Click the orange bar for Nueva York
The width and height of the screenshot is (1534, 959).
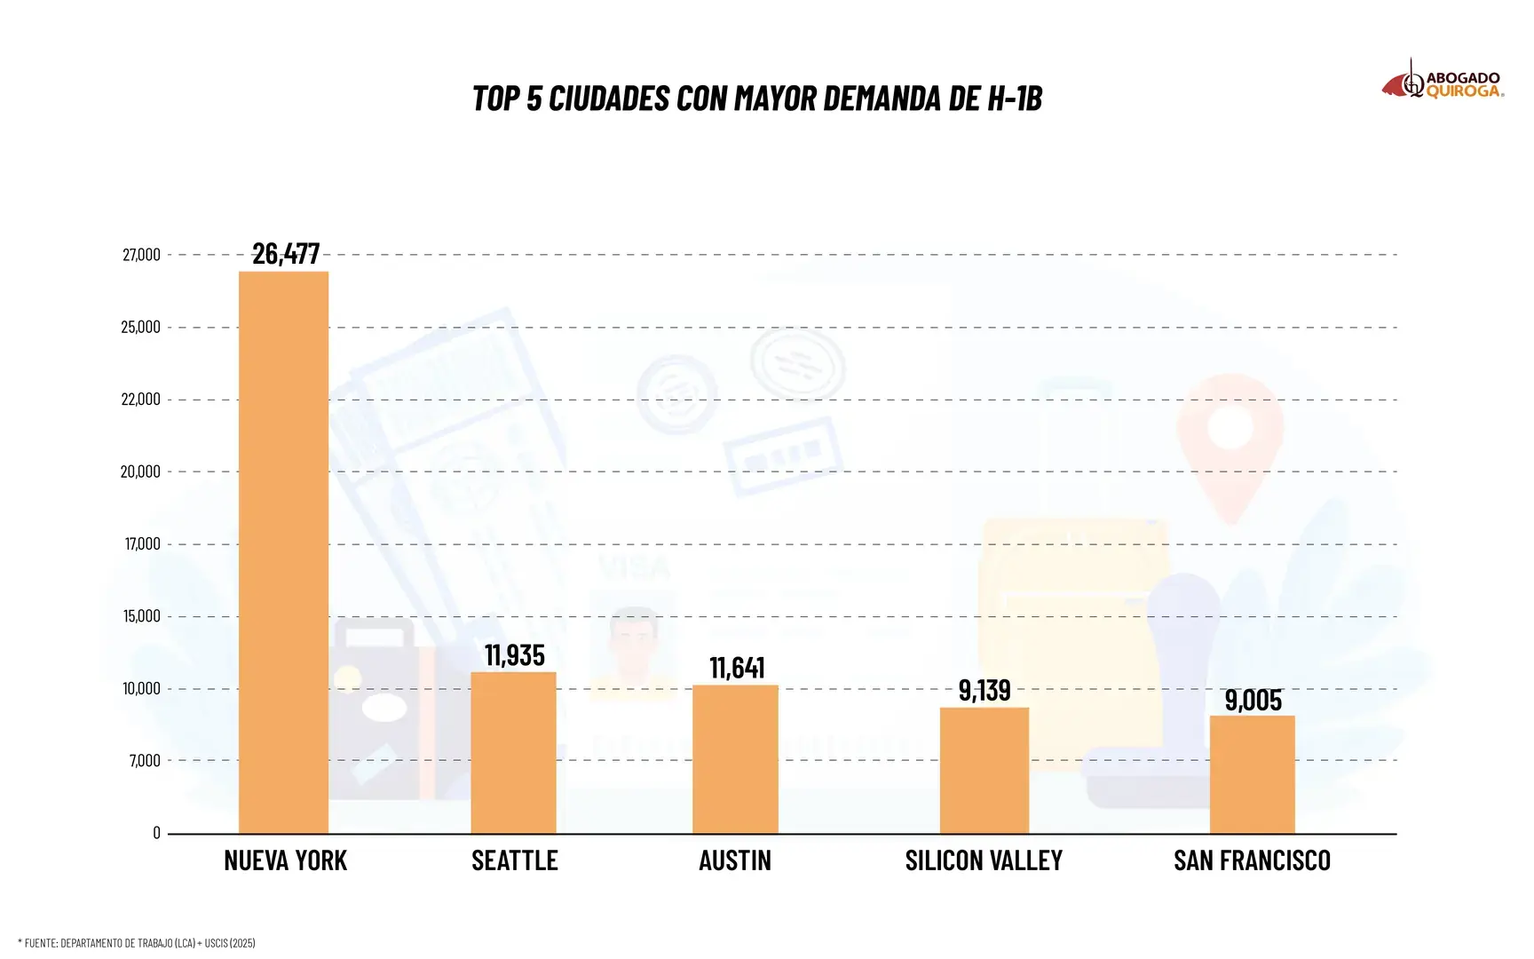coord(283,551)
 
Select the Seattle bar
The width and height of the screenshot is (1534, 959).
coord(513,752)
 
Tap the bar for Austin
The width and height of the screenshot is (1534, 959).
coord(735,758)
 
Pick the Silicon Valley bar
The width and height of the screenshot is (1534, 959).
coord(984,770)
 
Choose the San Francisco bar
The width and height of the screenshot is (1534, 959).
coord(1252,773)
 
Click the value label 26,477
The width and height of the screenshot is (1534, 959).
coord(286,254)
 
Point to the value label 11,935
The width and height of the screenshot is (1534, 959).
coord(515,655)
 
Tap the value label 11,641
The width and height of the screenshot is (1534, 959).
coord(737,668)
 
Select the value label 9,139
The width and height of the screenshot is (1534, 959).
coord(984,690)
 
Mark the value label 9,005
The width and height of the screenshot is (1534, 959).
coord(1253,701)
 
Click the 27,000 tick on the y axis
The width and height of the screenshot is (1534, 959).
coord(142,255)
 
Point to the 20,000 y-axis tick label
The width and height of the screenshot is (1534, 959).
coord(140,472)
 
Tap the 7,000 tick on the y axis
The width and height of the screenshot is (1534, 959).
coord(145,760)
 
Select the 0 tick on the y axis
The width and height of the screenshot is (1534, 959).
coord(156,833)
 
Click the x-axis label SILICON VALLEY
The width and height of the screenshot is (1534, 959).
coord(984,860)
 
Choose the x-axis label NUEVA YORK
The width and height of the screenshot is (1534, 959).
coord(286,860)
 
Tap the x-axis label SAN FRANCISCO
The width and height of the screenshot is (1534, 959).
coord(1252,860)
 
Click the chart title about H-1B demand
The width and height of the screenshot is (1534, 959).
coord(757,99)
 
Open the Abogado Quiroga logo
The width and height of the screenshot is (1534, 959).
coord(1443,82)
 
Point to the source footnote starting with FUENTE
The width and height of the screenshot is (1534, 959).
coord(137,943)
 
